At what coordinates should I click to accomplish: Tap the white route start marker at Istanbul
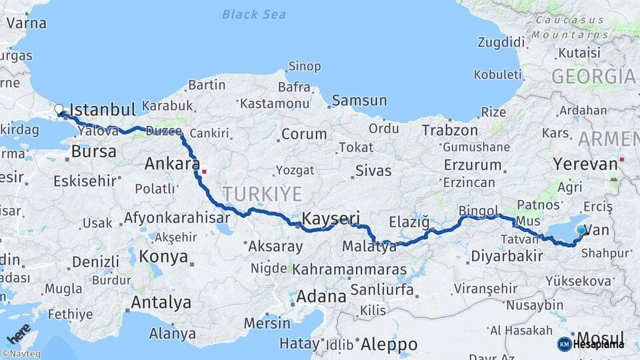(x=59, y=109)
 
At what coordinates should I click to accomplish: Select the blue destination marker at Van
(x=581, y=231)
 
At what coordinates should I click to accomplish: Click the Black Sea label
(x=255, y=14)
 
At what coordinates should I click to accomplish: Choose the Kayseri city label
(x=331, y=218)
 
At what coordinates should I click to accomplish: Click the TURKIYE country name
(x=262, y=194)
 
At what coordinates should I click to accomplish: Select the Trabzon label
(x=449, y=130)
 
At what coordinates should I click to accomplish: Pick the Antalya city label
(x=161, y=302)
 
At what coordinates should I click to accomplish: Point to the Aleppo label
(x=389, y=344)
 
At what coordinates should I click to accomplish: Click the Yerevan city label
(x=585, y=164)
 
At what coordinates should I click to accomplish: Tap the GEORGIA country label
(x=593, y=77)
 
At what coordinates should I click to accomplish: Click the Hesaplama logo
(x=591, y=344)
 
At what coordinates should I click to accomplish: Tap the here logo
(x=18, y=333)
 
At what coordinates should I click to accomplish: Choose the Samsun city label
(x=359, y=101)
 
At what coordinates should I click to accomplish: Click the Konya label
(x=159, y=256)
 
